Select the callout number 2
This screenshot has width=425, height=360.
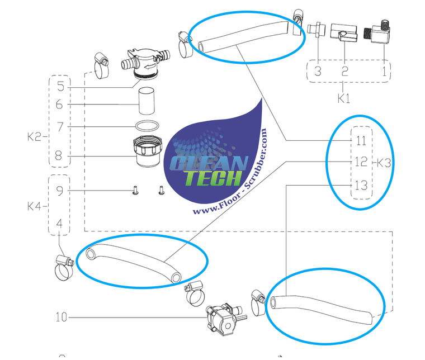point(345,71)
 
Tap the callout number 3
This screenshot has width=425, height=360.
point(317,71)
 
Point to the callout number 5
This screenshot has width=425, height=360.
point(60,87)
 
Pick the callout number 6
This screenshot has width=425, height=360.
point(60,105)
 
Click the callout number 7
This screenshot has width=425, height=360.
point(60,126)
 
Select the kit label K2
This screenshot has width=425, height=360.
point(35,135)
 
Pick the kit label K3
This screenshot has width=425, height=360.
point(384,163)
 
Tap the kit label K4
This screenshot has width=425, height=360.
point(35,206)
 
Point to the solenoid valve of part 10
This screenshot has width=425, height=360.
point(222,319)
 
